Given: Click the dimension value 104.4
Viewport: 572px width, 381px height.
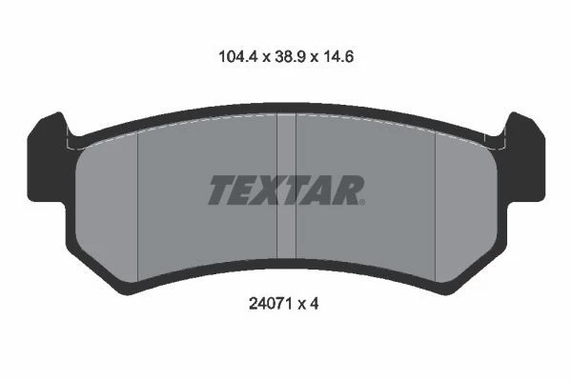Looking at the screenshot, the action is (x=238, y=57).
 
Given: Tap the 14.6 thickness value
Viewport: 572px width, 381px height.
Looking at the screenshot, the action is (x=337, y=57).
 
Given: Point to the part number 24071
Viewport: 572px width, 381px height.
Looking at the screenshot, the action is (x=269, y=303).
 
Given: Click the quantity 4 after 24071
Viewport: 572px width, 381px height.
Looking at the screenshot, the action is (x=314, y=303).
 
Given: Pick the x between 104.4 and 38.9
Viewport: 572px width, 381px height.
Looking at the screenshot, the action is (x=266, y=58).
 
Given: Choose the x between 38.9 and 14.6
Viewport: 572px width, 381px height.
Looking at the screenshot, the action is (x=314, y=58).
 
